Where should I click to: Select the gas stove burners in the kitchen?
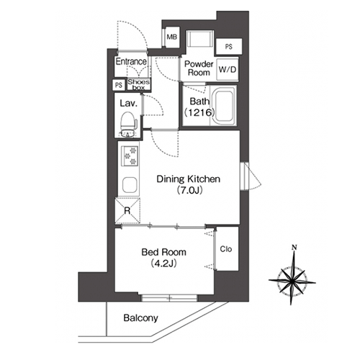point(130,156)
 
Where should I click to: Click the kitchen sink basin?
point(130,185)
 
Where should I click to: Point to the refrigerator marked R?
point(127,210)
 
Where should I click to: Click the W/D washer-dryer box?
point(228,70)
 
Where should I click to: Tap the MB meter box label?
point(172,37)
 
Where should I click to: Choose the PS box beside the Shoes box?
point(119,85)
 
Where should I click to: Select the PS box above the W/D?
point(229,47)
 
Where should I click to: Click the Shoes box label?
point(139,84)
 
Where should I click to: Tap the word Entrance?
point(131,62)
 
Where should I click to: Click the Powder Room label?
point(199,68)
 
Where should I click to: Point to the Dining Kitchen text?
point(189,179)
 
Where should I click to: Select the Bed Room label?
point(163,252)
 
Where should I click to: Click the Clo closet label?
point(226,249)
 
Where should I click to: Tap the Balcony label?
point(141,318)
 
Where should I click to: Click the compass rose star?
point(292,279)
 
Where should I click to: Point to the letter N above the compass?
point(294,247)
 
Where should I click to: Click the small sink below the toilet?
point(128,133)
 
